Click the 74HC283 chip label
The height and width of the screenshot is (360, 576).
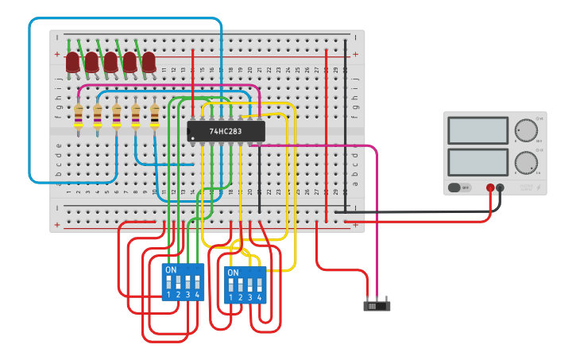coord(226,131)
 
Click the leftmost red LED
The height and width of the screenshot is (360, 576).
coord(72,61)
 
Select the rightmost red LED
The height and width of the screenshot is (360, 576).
coord(149,61)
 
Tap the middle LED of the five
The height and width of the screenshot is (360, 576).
coord(110,61)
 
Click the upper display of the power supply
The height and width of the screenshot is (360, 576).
coord(477,130)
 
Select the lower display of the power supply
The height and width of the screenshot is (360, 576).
coord(477,163)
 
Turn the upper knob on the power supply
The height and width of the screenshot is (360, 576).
coord(525,130)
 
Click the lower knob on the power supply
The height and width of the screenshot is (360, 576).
coord(525,163)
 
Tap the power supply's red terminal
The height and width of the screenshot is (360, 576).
coord(490,188)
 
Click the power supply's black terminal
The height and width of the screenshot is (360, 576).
coord(500,188)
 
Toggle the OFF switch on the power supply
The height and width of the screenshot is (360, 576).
coord(454,188)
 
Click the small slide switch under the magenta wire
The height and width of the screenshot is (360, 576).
coord(377,305)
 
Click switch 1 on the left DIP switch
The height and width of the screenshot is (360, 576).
coord(168,282)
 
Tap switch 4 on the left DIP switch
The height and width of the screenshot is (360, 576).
coord(196,282)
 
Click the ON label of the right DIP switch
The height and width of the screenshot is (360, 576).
coord(232,273)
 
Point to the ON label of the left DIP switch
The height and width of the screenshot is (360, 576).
coord(170,269)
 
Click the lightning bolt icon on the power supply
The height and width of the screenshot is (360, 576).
coord(539,188)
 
